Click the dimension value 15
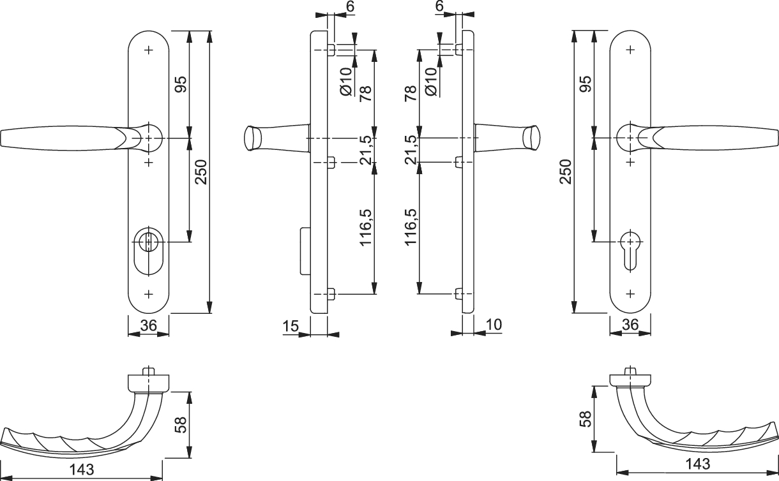click(x=291, y=326)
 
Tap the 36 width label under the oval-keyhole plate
click(x=149, y=325)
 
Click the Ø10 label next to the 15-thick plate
click(x=346, y=82)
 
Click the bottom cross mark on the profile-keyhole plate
click(x=630, y=293)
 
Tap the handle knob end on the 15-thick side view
click(x=252, y=138)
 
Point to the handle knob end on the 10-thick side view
click(x=532, y=138)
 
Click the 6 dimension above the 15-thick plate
click(x=349, y=6)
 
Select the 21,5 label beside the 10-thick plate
click(x=412, y=149)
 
